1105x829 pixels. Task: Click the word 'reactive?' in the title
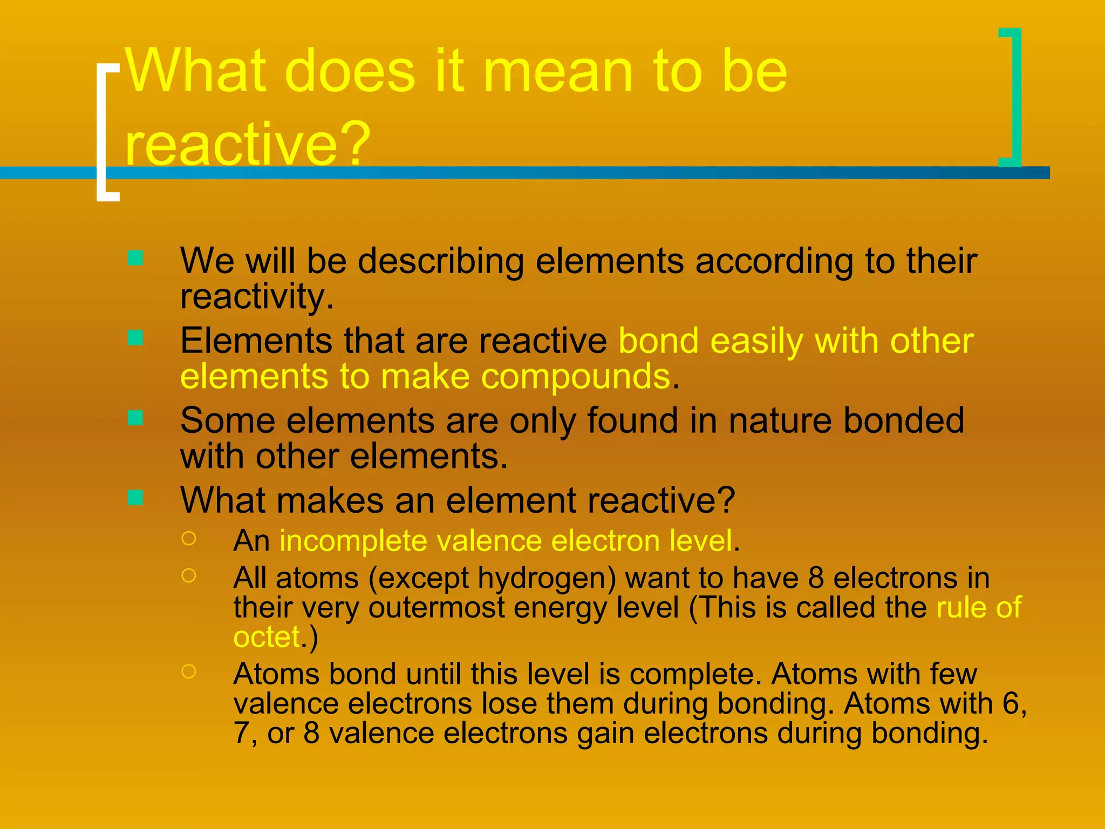point(248,144)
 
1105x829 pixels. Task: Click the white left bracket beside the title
point(104,132)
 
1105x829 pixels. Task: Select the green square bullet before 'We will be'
point(135,258)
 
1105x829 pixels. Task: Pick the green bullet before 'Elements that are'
point(135,338)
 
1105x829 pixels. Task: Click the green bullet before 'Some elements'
point(135,418)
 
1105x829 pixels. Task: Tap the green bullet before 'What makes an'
point(135,497)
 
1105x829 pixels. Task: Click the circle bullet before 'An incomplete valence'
point(189,538)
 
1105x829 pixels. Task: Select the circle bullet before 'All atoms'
point(189,575)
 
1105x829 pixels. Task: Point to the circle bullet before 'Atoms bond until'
point(189,671)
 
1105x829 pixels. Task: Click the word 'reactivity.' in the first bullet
point(257,297)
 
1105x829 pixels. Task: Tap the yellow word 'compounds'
point(576,377)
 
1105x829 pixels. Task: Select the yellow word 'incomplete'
point(353,540)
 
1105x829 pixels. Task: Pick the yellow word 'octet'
point(267,637)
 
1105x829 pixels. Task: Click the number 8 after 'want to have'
point(816,578)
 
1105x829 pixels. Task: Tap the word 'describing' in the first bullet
point(441,261)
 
